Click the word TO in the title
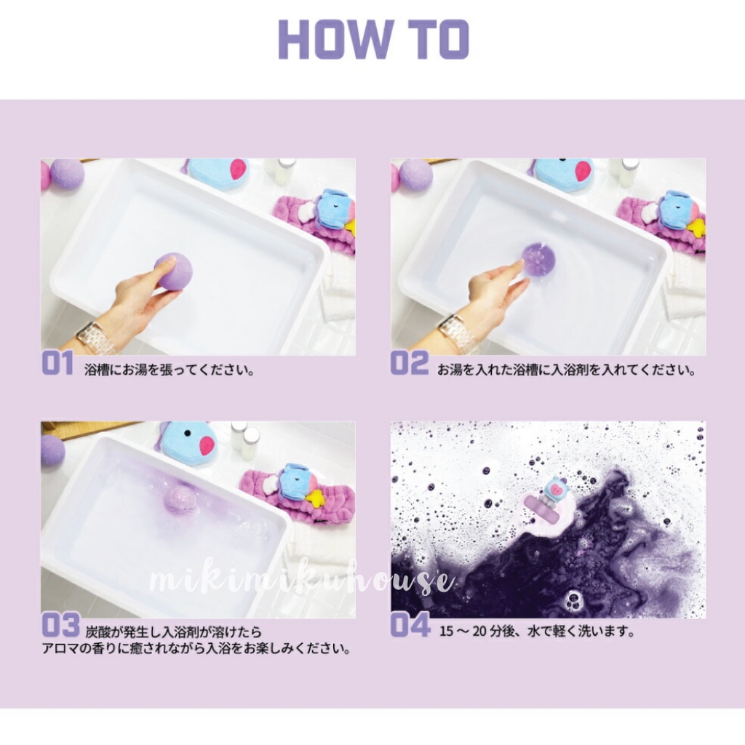coord(436,39)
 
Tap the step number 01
coord(57,364)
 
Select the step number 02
coord(409,364)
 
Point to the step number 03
coord(60,624)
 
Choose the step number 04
coord(410,624)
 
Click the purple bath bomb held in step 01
coord(174,271)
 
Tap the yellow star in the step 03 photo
coord(315,498)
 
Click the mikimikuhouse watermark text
coord(300,581)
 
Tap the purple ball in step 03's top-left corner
coord(52,450)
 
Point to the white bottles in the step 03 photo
coord(244,439)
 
